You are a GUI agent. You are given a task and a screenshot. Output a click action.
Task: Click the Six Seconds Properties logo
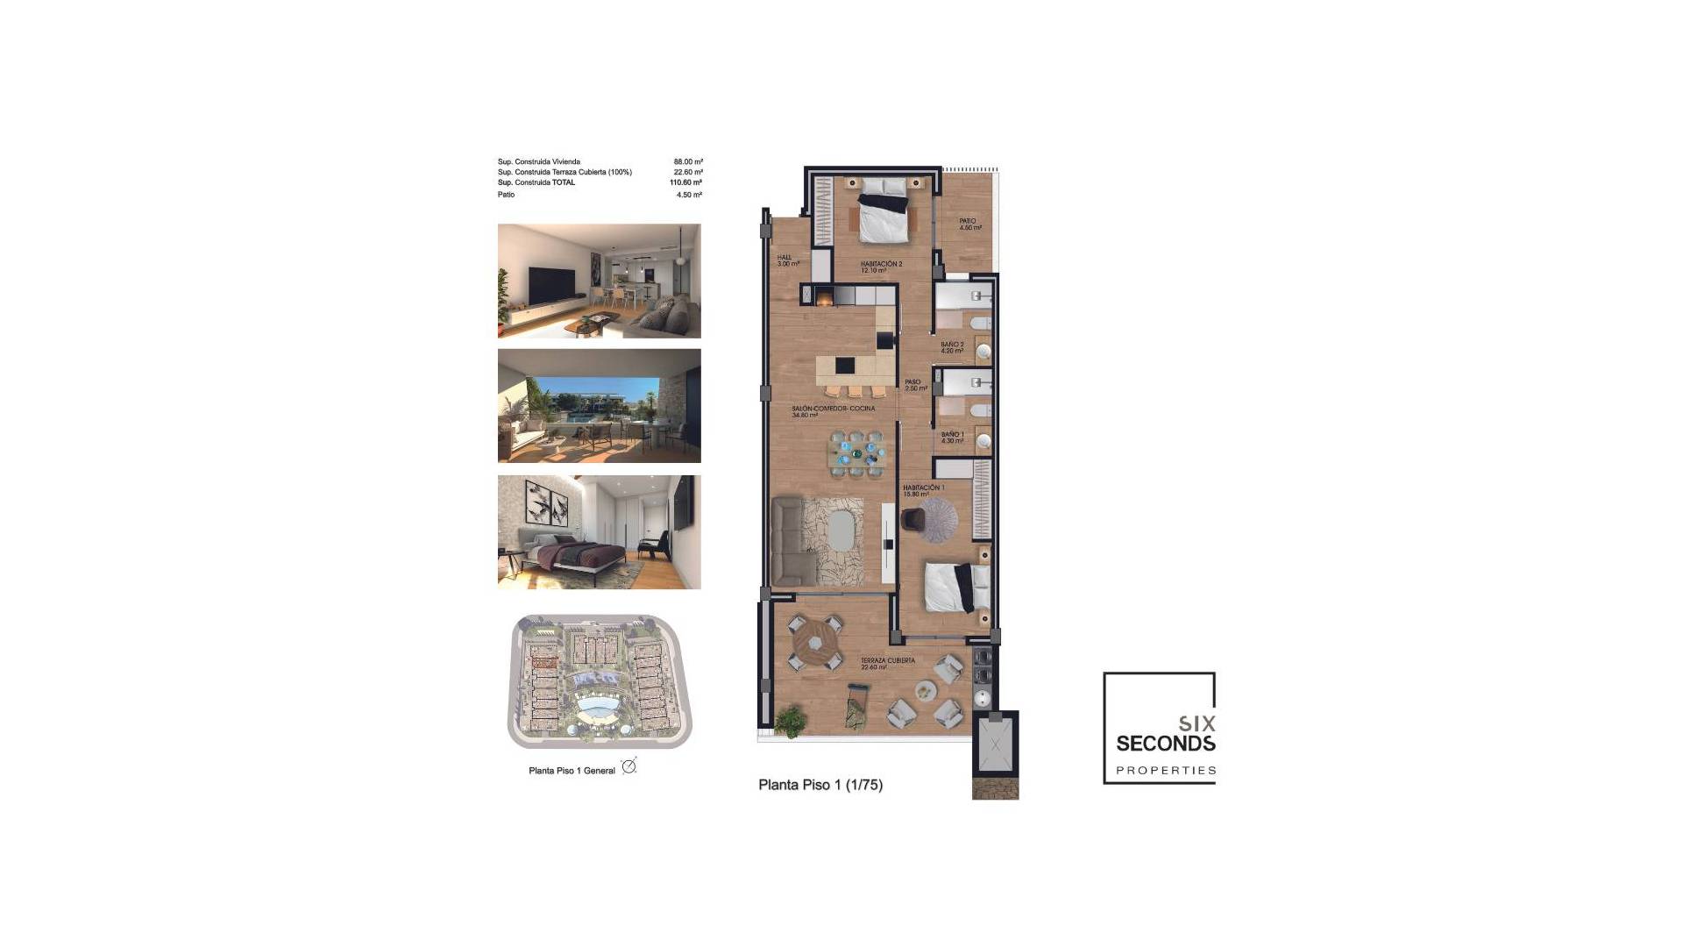coord(1159,728)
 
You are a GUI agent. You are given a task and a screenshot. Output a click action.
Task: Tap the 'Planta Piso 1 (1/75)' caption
coord(820,785)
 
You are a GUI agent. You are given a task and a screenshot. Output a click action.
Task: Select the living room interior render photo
coord(600,281)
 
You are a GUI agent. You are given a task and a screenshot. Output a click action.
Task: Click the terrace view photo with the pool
coord(600,406)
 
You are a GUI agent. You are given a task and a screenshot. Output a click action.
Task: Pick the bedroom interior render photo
coord(600,532)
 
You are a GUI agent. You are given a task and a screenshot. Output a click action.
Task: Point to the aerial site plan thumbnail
coord(600,681)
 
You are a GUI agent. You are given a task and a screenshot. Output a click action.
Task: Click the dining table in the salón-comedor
coord(855,453)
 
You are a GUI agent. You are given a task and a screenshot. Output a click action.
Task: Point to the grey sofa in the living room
coord(795,542)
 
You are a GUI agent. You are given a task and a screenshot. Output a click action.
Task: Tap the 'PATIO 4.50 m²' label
coord(969,224)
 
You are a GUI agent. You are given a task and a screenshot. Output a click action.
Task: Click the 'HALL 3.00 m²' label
coord(787,260)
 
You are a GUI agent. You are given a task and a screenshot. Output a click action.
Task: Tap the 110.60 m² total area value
coord(685,182)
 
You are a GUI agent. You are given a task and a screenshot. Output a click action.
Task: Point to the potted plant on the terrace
coord(792,720)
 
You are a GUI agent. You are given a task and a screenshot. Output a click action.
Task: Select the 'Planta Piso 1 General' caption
coord(572,771)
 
